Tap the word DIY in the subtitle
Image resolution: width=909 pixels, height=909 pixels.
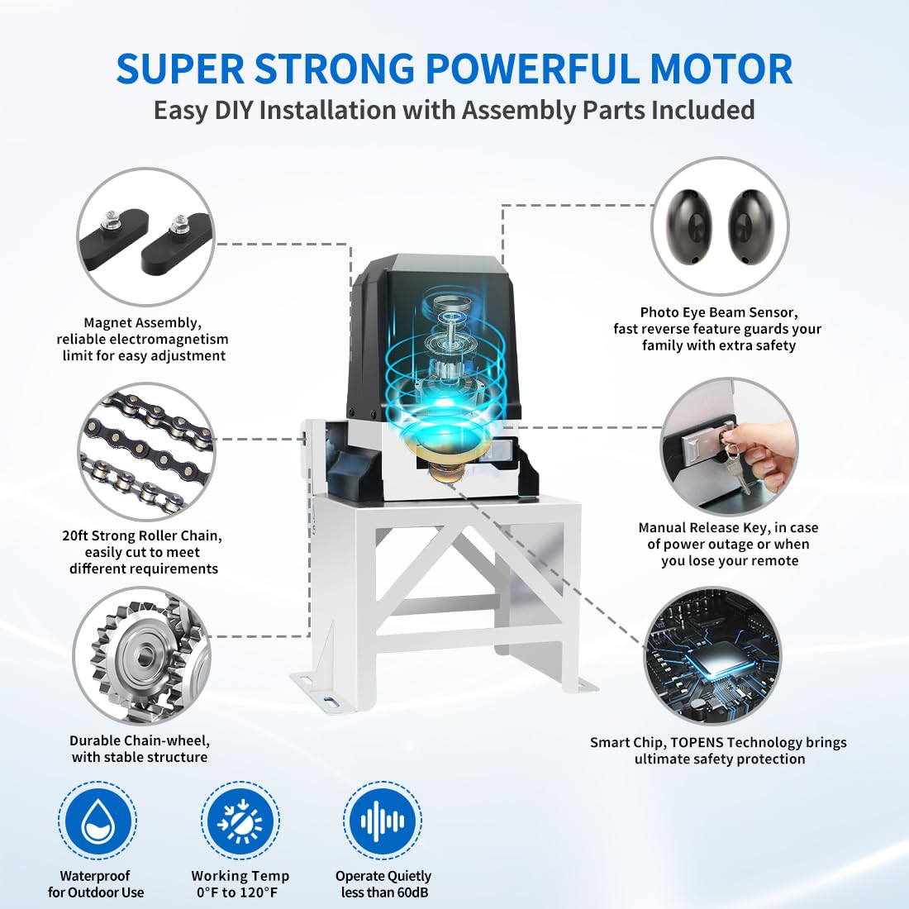pos(234,110)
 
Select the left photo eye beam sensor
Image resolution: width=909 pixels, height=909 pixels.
pos(692,226)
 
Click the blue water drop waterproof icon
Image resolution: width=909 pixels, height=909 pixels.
pos(98,821)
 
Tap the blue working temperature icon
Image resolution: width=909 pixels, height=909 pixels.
pos(240,821)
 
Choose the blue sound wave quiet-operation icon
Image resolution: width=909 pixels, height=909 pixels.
pos(383,821)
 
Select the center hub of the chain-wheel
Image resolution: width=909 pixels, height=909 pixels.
pos(143,655)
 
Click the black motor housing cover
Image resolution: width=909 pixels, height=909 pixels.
pos(431,336)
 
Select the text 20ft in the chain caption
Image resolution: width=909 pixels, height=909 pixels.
pos(75,535)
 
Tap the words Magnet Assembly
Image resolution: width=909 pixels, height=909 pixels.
pos(143,323)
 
